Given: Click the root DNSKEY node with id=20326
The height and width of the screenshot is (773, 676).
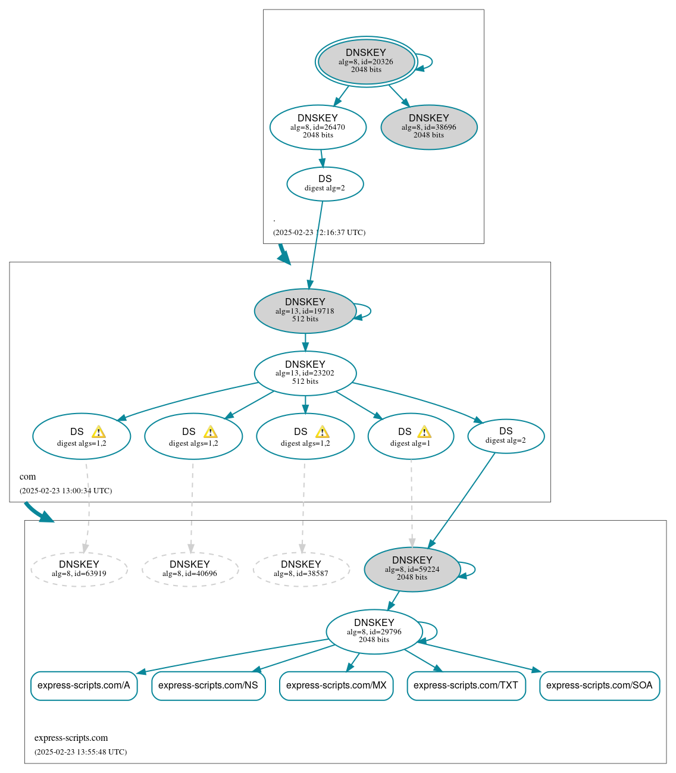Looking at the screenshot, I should [x=366, y=61].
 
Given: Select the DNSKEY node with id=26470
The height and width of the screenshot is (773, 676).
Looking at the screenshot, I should [x=318, y=127].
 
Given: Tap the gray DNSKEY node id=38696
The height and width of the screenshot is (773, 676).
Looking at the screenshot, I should [x=429, y=127].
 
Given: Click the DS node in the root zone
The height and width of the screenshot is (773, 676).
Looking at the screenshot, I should [x=325, y=183].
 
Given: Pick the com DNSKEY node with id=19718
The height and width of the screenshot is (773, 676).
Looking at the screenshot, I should [x=305, y=311].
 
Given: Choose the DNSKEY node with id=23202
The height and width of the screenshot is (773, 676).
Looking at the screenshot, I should [x=305, y=373].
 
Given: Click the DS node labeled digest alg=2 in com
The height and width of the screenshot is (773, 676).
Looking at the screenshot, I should [x=506, y=436].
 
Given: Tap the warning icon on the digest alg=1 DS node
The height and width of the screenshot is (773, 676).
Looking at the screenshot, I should [x=424, y=431].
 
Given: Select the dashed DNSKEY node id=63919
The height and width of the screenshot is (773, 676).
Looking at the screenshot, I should [x=79, y=569].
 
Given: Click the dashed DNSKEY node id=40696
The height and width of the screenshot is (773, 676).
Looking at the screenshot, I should [x=190, y=569].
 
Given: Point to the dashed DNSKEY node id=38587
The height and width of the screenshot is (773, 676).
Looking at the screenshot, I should [x=301, y=569].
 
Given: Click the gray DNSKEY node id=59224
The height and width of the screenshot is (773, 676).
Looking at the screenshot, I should [x=412, y=569].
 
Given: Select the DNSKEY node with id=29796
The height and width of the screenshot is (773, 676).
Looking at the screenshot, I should [x=374, y=631].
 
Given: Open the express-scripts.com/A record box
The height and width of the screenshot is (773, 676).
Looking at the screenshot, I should [x=84, y=686].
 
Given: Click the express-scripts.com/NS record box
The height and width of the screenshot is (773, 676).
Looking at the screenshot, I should [x=208, y=686].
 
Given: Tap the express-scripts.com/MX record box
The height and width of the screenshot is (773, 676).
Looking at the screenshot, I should [x=336, y=686].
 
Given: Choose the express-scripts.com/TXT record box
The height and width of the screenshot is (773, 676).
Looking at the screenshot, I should [x=466, y=686].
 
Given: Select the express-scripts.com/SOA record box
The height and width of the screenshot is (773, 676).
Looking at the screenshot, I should [x=599, y=686].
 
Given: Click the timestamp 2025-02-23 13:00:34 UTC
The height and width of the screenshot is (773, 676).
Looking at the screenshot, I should [x=65, y=491].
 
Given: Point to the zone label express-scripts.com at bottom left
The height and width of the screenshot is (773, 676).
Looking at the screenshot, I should [x=71, y=738].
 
